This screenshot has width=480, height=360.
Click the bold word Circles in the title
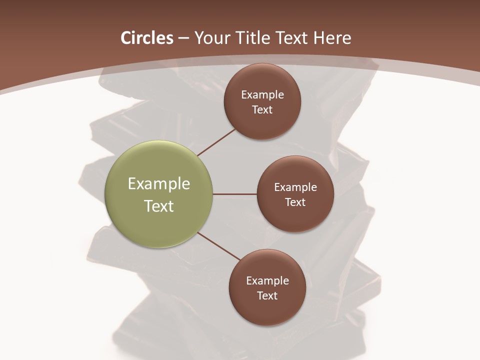tap(146, 38)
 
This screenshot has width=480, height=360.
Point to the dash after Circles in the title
tap(183, 38)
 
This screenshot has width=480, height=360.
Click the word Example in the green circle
tap(159, 184)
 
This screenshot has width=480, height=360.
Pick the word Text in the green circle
tap(159, 206)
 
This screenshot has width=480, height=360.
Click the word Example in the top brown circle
tap(262, 95)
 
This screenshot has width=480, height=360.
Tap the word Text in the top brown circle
tap(262, 110)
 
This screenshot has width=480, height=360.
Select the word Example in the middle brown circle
tap(295, 187)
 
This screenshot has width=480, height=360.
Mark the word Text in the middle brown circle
tap(295, 202)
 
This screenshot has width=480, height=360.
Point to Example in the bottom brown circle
tap(267, 281)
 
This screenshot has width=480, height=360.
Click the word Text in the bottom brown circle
tap(267, 296)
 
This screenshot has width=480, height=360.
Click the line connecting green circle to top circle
tap(216, 142)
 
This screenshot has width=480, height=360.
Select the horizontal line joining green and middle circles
tap(235, 194)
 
